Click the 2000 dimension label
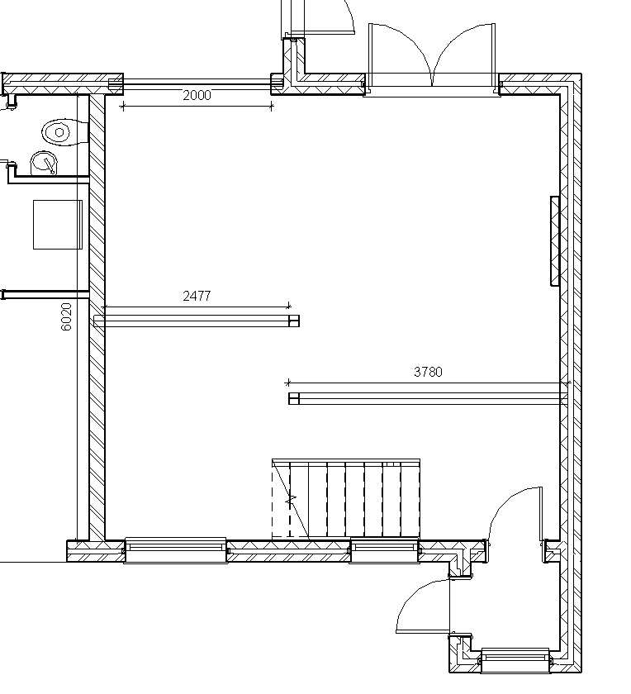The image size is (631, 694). (x=197, y=95)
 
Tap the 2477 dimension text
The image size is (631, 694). (x=197, y=296)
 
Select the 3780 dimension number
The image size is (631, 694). (x=428, y=372)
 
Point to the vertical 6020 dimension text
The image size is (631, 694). (x=66, y=317)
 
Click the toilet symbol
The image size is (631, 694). (x=65, y=132)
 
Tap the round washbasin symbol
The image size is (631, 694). (x=45, y=163)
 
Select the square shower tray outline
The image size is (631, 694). (x=58, y=225)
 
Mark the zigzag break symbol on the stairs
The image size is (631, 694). (x=291, y=500)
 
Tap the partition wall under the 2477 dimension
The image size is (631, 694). (x=197, y=321)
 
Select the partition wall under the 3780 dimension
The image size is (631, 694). (x=428, y=399)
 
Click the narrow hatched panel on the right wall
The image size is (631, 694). (x=555, y=241)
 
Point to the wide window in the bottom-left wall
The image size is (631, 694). (x=176, y=550)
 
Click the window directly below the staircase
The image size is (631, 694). (x=384, y=550)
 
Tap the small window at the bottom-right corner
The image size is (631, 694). (x=515, y=661)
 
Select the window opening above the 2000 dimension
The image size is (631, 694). (x=197, y=84)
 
